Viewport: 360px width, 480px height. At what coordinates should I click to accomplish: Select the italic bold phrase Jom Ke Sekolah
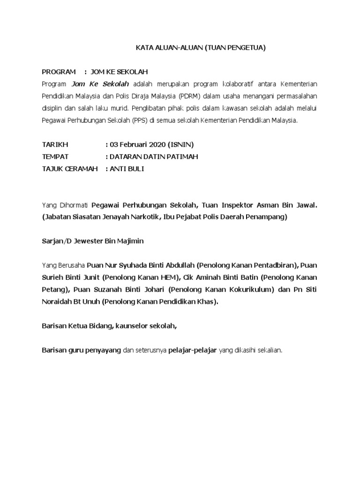pyautogui.click(x=100, y=84)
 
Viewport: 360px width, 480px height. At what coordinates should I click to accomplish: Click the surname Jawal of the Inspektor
pyautogui.click(x=304, y=205)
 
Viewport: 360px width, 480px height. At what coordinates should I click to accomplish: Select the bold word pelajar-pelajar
pyautogui.click(x=192, y=350)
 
